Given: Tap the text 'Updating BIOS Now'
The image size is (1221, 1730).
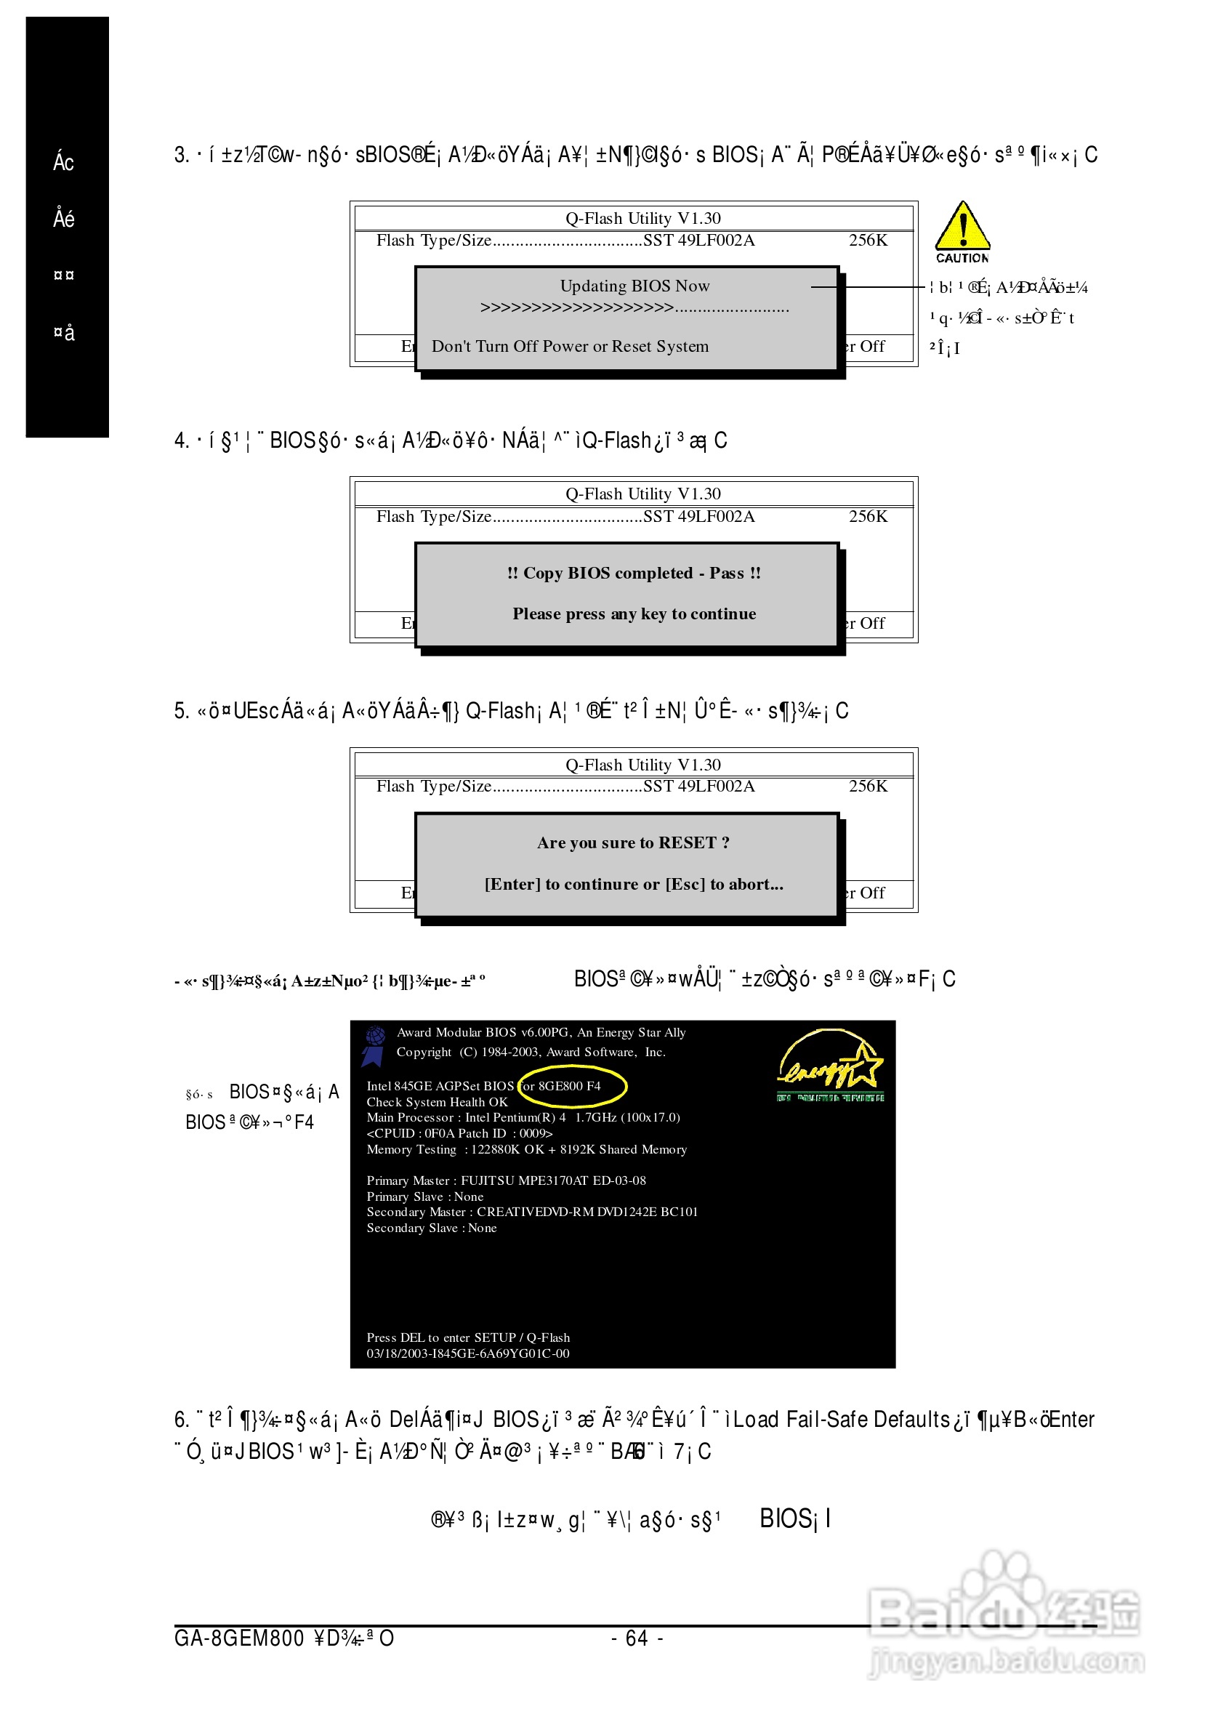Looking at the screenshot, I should point(634,286).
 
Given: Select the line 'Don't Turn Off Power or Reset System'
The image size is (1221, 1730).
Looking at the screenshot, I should point(570,347).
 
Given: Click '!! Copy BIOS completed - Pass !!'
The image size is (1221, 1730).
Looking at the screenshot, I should point(634,574).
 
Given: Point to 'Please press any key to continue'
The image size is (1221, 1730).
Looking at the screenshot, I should point(634,614).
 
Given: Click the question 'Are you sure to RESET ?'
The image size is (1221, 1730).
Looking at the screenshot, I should point(633,843).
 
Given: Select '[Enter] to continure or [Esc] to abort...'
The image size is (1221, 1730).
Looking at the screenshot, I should point(634,885).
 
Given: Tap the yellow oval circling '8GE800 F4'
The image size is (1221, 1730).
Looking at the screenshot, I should point(572,1087).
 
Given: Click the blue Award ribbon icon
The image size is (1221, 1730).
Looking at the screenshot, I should point(374,1046).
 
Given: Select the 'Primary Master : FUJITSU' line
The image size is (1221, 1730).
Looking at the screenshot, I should point(505,1180).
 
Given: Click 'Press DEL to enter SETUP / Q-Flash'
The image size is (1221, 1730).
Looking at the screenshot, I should point(468,1337).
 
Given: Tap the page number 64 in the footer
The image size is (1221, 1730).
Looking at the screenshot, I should point(637,1639).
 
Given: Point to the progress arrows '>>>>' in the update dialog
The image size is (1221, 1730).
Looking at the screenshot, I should point(576,308).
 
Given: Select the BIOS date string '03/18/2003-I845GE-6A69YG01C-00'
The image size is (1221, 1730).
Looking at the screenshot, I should point(468,1354).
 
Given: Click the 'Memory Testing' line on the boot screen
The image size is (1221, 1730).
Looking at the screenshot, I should point(526,1150).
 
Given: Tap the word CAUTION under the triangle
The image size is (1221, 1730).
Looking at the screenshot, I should point(962,259).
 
